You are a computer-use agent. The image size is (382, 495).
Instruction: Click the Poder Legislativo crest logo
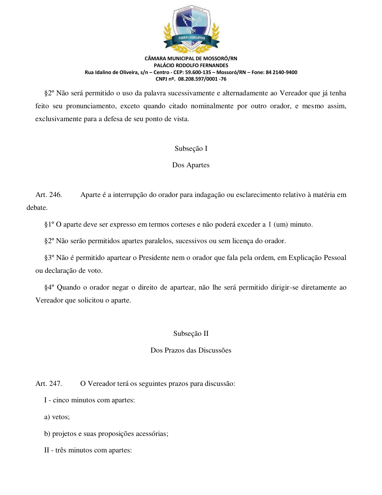191,29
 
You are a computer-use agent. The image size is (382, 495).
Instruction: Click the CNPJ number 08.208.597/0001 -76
202,79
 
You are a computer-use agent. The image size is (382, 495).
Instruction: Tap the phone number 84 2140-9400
281,72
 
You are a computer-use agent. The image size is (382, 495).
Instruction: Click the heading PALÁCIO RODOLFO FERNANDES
191,65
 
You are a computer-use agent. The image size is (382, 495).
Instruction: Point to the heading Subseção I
191,148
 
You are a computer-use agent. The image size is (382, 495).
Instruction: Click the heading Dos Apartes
191,165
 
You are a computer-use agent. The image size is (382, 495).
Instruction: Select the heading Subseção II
191,333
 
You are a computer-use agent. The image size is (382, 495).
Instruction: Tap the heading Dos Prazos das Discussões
191,350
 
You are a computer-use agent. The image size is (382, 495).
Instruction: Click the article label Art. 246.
49,195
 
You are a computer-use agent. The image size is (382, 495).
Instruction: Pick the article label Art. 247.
49,383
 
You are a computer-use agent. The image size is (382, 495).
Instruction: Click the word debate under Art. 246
37,207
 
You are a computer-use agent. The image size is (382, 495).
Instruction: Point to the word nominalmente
212,106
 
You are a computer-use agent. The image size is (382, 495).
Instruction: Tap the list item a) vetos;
57,417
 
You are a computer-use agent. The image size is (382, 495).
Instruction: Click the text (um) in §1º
280,224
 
